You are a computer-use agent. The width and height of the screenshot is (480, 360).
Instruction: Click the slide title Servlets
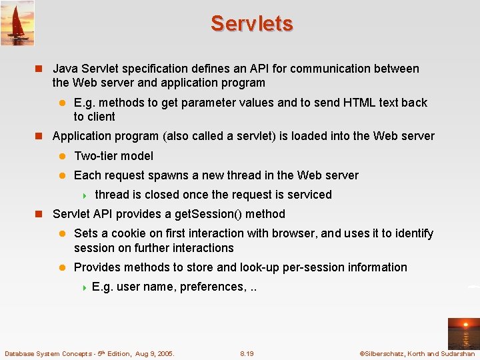pyautogui.click(x=251, y=23)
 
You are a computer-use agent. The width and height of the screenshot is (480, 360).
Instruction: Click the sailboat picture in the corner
pyautogui.click(x=17, y=23)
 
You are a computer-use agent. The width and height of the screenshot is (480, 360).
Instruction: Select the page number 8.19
pyautogui.click(x=247, y=353)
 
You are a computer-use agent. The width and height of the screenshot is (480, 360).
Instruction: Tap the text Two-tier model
pyautogui.click(x=113, y=156)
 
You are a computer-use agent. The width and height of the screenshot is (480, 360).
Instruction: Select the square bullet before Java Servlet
pyautogui.click(x=39, y=69)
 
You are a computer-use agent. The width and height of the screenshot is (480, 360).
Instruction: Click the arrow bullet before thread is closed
pyautogui.click(x=84, y=195)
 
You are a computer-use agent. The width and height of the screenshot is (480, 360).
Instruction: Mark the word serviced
pyautogui.click(x=309, y=195)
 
